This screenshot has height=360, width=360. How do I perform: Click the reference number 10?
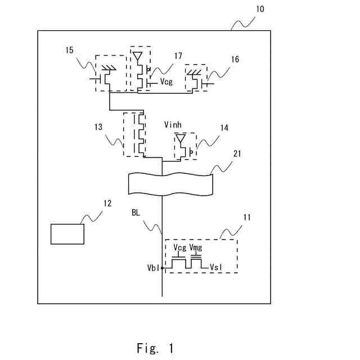click(x=260, y=9)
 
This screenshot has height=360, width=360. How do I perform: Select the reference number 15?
click(x=69, y=50)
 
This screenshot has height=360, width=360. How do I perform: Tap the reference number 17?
click(x=178, y=56)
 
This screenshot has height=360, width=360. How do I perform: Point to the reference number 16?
click(x=235, y=59)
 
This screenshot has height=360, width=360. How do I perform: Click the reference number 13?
click(x=98, y=127)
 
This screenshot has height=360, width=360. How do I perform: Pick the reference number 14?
click(x=224, y=128)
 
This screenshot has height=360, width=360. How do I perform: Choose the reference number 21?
click(x=237, y=154)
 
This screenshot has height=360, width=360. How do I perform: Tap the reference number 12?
click(x=107, y=203)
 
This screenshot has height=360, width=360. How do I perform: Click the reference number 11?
click(x=247, y=217)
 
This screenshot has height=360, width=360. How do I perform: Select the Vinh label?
click(x=173, y=125)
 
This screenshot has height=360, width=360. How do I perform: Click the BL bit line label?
click(x=136, y=213)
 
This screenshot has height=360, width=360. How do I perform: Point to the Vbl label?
click(x=153, y=268)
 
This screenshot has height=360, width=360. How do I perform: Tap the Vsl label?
click(x=216, y=267)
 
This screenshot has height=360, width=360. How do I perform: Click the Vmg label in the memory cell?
click(x=196, y=247)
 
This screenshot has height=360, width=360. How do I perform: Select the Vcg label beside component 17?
click(x=166, y=82)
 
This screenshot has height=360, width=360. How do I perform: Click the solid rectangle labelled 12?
click(x=67, y=234)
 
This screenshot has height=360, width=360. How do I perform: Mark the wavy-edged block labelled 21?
click(x=170, y=184)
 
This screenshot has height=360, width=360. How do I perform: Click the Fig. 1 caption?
click(x=155, y=348)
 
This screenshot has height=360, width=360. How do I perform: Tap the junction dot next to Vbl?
click(x=162, y=268)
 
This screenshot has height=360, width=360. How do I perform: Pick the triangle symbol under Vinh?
click(x=181, y=138)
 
